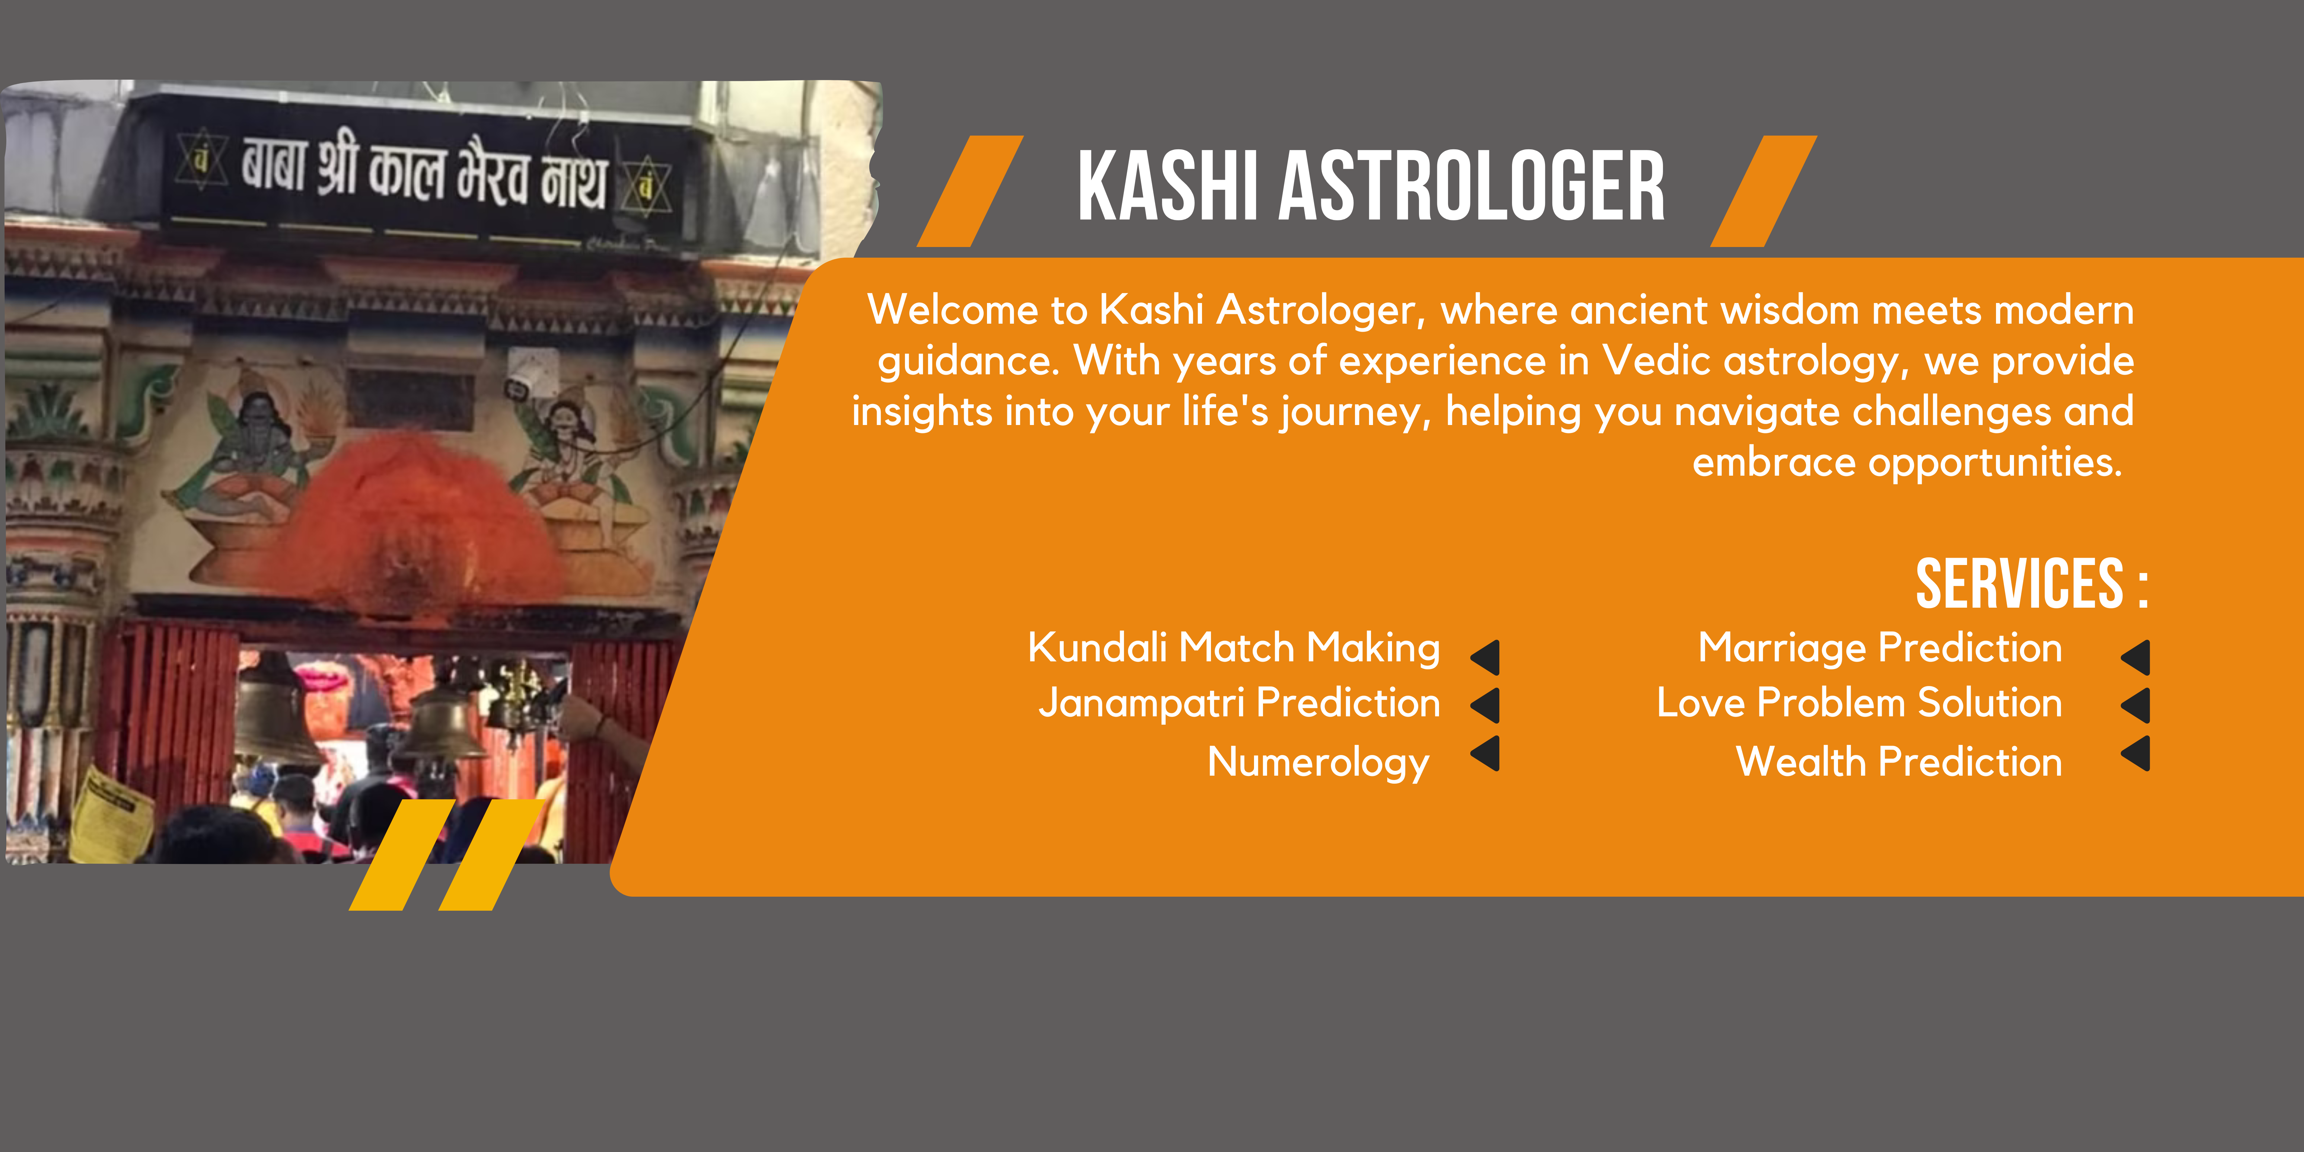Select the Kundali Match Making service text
[1233, 648]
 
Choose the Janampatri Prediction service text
[1239, 704]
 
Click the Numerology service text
[1318, 763]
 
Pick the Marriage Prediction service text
[1880, 648]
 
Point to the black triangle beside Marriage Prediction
[2137, 657]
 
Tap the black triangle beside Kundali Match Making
[1487, 657]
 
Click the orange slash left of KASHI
[970, 191]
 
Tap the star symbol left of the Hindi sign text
[201, 159]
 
